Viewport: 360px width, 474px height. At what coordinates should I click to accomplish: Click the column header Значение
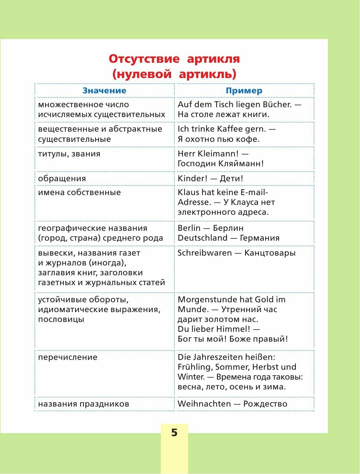click(x=104, y=91)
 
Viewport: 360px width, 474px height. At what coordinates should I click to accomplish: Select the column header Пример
click(x=244, y=91)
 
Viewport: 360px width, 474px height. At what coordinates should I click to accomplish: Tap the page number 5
click(x=174, y=433)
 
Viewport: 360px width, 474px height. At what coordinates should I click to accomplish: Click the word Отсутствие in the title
click(x=144, y=59)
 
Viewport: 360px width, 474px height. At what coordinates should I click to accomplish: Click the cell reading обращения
click(x=62, y=179)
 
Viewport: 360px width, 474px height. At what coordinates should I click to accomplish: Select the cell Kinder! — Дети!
click(x=210, y=179)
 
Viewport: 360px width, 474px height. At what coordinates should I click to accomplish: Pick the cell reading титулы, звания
click(x=64, y=154)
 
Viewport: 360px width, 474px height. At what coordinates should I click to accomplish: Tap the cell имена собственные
click(x=80, y=193)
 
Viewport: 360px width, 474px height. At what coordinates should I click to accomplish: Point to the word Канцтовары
click(x=270, y=253)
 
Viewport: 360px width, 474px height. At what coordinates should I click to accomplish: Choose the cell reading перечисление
click(x=68, y=357)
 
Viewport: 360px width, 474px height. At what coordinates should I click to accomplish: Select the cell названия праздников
click(x=84, y=404)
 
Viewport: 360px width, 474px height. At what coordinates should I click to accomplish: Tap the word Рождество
click(x=265, y=404)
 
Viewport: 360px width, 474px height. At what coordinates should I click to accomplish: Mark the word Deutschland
click(x=202, y=238)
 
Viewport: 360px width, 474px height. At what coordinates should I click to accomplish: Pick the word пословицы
click(x=61, y=319)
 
